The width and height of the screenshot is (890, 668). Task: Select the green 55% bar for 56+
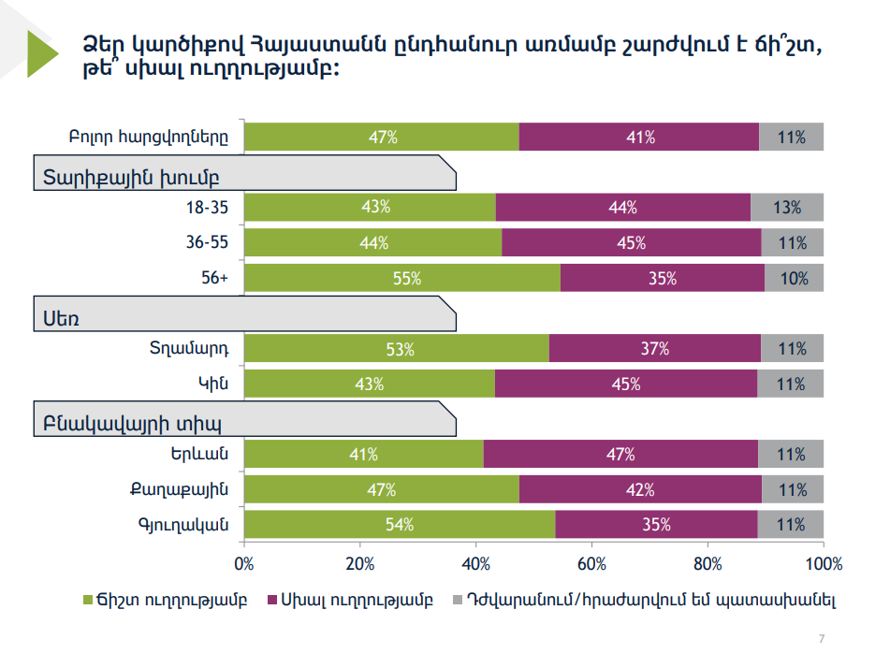pos(402,279)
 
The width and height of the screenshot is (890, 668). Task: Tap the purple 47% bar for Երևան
pos(620,455)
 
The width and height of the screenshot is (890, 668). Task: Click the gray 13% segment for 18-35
pos(787,208)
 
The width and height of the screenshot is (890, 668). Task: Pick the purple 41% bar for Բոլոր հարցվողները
pos(639,138)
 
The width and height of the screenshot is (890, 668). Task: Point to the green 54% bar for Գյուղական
pos(400,525)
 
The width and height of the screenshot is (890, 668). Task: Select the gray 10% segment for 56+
pos(794,279)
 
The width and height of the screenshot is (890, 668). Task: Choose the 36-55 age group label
pos(208,243)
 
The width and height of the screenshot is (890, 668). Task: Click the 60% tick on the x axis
pos(591,563)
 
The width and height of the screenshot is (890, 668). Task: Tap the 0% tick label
pos(244,563)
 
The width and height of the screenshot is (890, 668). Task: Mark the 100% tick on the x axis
pos(823,563)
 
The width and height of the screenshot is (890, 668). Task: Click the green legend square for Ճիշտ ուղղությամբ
pos(89,600)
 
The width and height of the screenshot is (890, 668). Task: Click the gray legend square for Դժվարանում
pos(457,600)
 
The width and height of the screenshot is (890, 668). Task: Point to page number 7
pos(822,639)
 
